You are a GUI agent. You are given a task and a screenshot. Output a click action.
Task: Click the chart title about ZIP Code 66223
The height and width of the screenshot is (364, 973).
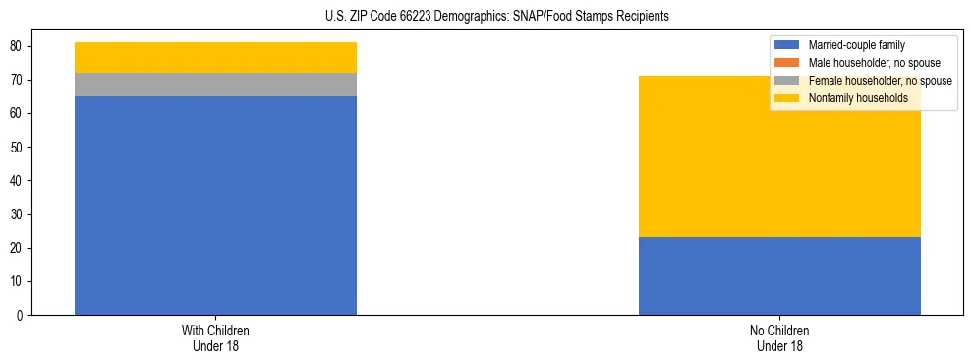pos(496,17)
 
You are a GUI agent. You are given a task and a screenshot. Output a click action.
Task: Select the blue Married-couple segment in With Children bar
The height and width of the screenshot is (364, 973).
pos(215,206)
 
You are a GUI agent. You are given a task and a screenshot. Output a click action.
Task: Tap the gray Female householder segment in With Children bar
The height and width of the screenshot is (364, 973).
pos(215,85)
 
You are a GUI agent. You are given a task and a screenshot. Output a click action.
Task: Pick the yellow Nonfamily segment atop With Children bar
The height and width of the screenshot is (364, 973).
pos(215,57)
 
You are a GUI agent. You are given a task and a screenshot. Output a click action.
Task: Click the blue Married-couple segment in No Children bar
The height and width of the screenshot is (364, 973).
pos(779,275)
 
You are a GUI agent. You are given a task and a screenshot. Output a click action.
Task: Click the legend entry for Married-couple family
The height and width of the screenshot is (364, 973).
pos(856,45)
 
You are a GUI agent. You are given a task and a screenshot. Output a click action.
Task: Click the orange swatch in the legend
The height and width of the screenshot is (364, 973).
pos(787,63)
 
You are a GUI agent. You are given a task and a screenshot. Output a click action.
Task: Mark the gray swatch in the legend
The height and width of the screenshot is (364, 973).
pos(787,81)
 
